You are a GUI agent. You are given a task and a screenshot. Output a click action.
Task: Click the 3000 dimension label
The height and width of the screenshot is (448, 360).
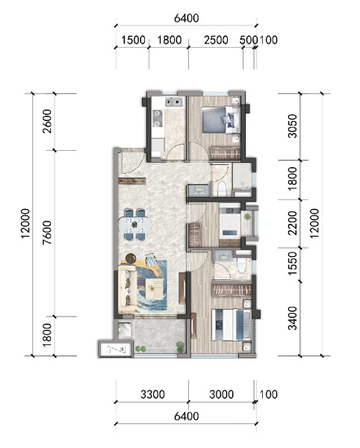pyautogui.click(x=221, y=393)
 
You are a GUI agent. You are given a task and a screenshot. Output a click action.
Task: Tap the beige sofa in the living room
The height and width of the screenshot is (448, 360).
pyautogui.click(x=126, y=287)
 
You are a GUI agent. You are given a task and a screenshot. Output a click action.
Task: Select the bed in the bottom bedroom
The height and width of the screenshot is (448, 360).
pyautogui.click(x=232, y=324)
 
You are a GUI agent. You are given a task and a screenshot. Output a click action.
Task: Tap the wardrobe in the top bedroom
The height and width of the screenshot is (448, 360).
pyautogui.click(x=224, y=152)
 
